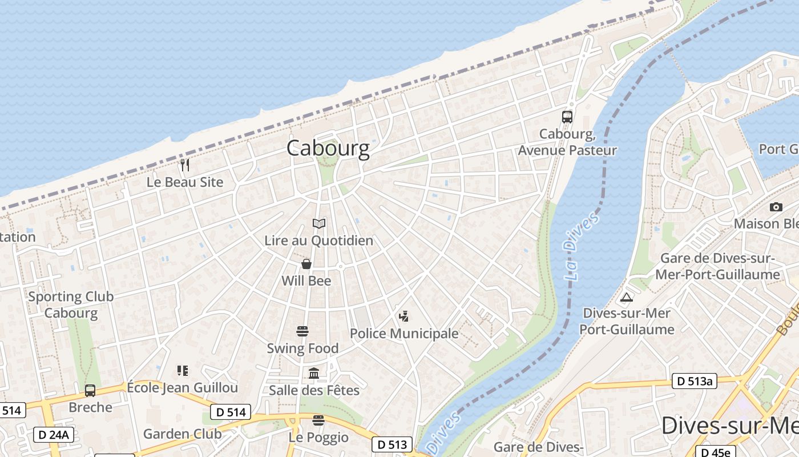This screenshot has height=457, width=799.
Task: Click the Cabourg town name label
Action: (x=328, y=149)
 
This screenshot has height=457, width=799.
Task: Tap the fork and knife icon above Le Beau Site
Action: (x=184, y=165)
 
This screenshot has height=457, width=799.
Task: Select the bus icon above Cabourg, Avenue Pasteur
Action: (x=567, y=117)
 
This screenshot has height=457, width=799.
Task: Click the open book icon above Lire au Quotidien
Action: (x=319, y=223)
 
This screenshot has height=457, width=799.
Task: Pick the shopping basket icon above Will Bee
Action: (x=306, y=264)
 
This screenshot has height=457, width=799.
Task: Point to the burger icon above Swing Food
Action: (x=302, y=331)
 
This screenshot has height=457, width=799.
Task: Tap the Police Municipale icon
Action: (x=404, y=316)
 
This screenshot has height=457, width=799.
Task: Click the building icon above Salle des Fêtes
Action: (x=314, y=374)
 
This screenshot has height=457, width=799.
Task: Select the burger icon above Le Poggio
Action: (x=318, y=420)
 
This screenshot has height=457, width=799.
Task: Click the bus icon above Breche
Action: (x=90, y=391)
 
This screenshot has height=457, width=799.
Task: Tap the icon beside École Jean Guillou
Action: (x=183, y=371)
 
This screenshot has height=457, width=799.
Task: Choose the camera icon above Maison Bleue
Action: (x=776, y=207)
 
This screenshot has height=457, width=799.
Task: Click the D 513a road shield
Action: (x=694, y=382)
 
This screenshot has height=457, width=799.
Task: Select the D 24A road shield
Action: (x=53, y=435)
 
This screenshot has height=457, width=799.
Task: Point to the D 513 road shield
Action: (x=393, y=444)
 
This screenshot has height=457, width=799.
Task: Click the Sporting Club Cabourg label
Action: (x=71, y=304)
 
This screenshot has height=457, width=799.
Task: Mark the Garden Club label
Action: (x=182, y=434)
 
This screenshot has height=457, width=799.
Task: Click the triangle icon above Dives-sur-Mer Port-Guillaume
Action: (x=627, y=297)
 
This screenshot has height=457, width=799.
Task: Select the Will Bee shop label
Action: (x=306, y=281)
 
